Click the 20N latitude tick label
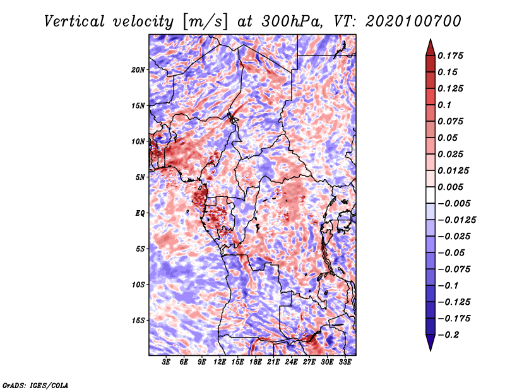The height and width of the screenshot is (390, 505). (139, 69)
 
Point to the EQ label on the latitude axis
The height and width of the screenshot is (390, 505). (141, 213)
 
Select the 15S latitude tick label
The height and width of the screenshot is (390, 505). (139, 320)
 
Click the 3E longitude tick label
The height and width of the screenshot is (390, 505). (167, 363)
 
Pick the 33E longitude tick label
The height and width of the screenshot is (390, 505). (345, 363)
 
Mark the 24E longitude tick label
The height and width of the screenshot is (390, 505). (291, 363)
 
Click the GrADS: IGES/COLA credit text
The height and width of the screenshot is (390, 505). (35, 384)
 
